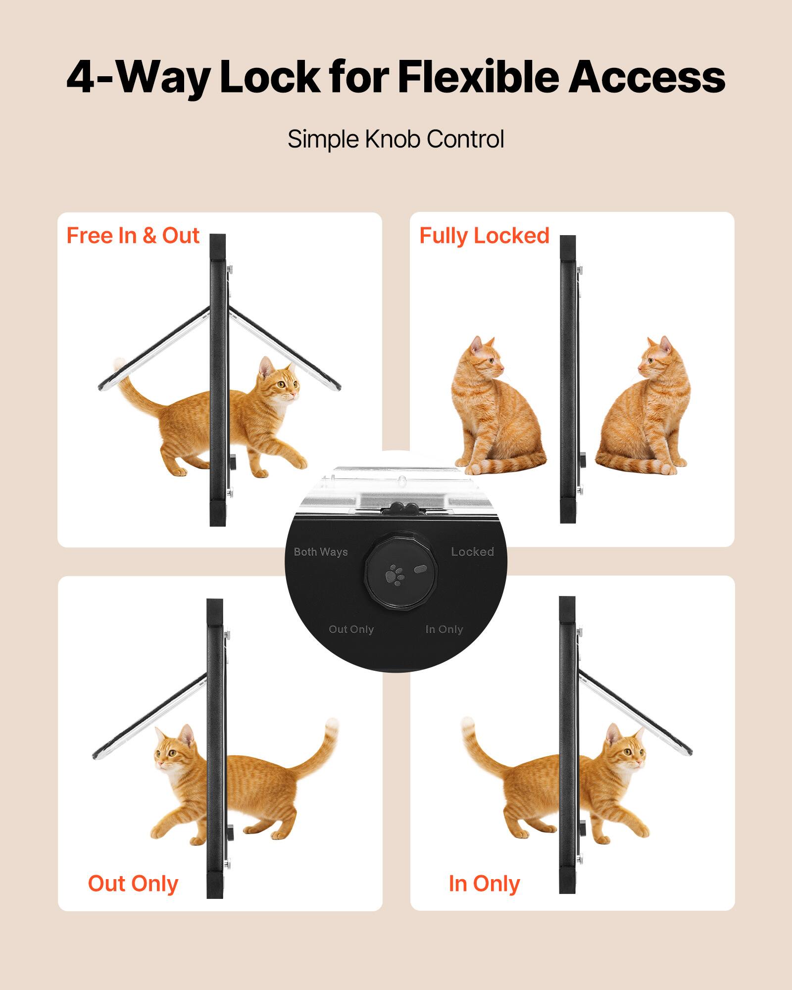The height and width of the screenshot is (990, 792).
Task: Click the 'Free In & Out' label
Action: [x=133, y=236]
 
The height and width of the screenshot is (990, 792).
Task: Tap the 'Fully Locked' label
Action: [x=484, y=236]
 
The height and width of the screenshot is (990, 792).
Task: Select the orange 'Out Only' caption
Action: [x=133, y=884]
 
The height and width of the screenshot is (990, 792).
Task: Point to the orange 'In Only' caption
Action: [x=484, y=884]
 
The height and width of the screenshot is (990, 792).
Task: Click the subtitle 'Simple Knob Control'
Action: [x=396, y=139]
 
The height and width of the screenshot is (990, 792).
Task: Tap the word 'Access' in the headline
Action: [x=646, y=77]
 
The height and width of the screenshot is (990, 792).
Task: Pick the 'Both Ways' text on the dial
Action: [x=321, y=552]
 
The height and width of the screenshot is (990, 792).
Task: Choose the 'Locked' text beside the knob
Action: [x=472, y=552]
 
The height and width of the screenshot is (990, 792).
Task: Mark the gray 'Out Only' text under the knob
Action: [x=351, y=629]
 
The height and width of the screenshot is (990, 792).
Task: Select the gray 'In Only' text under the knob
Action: [x=444, y=629]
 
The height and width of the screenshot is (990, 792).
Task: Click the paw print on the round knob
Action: [x=395, y=575]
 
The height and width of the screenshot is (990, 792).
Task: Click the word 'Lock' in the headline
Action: [x=269, y=77]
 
